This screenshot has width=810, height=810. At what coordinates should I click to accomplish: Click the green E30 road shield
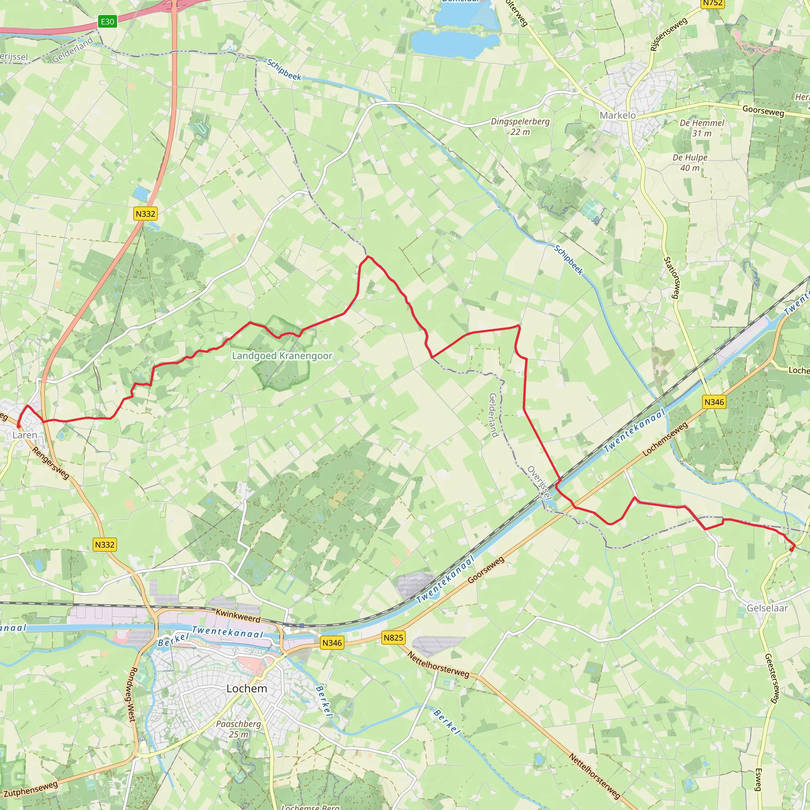(x=107, y=22)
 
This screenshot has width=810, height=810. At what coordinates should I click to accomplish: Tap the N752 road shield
(x=712, y=3)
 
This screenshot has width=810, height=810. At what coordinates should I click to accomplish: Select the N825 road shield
(x=393, y=638)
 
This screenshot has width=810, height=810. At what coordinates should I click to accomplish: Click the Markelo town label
(x=617, y=115)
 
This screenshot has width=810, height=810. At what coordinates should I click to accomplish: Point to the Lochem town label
(x=246, y=689)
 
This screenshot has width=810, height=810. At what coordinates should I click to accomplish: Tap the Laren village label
(x=25, y=435)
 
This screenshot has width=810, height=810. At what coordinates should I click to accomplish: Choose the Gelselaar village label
(x=767, y=608)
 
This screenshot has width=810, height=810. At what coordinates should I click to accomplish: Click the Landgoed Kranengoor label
(x=282, y=356)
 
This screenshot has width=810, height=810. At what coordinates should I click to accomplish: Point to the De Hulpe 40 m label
(x=690, y=163)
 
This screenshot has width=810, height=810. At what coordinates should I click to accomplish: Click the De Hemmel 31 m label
(x=702, y=128)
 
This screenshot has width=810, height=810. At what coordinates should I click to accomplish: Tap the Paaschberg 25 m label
(x=238, y=729)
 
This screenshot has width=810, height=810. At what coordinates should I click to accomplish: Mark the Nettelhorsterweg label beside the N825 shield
(x=438, y=665)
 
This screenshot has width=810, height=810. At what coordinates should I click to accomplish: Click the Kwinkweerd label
(x=238, y=615)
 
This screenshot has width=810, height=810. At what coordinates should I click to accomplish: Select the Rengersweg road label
(x=51, y=463)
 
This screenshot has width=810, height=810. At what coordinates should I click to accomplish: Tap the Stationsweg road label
(x=672, y=278)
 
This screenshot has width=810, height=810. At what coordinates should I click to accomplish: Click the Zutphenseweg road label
(x=30, y=789)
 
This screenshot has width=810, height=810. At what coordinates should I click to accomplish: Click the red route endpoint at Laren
(x=18, y=426)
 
